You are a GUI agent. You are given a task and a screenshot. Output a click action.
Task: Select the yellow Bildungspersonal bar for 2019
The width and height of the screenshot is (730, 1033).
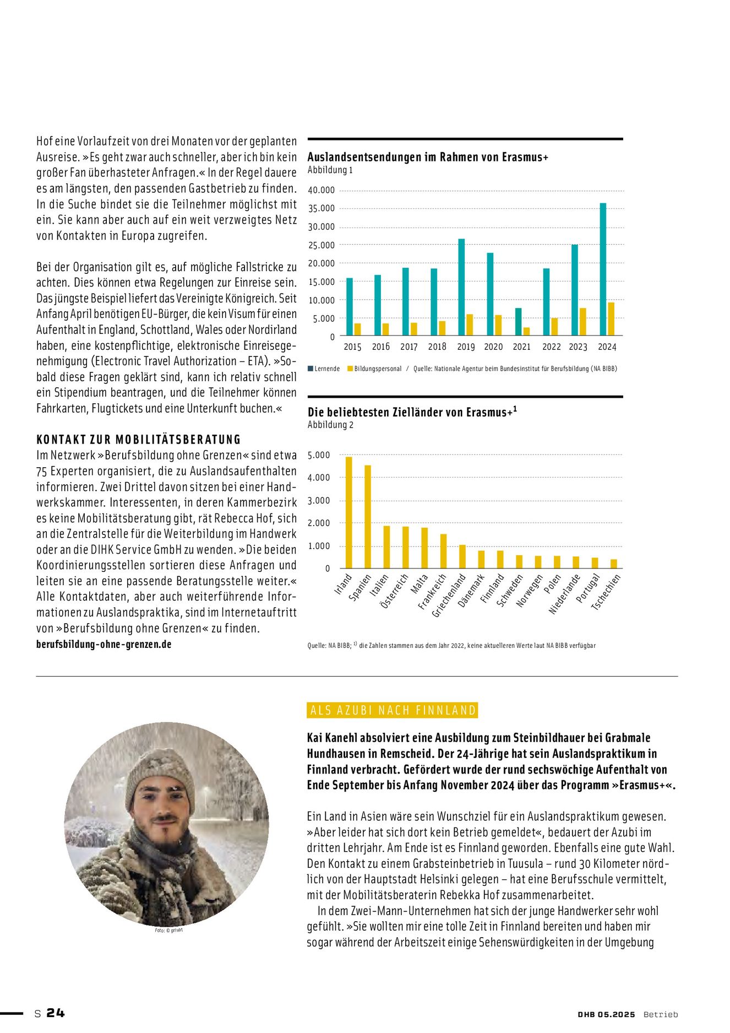coord(470,324)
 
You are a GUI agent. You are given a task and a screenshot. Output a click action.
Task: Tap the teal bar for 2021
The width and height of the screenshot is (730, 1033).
coord(518,322)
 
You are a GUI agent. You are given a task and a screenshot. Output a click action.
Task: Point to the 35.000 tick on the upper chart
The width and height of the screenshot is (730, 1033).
coord(322,208)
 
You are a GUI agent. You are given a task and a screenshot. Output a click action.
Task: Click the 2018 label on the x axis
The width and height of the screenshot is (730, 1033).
coord(437,347)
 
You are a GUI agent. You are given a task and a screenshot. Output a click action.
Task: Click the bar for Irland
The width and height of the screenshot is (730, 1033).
coord(348,512)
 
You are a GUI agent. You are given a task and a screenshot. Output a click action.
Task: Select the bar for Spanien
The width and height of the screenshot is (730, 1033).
coord(368,517)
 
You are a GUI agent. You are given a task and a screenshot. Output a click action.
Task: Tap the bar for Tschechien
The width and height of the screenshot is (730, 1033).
coord(614,564)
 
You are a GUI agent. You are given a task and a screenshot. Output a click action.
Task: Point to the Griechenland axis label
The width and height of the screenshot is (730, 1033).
coord(449,596)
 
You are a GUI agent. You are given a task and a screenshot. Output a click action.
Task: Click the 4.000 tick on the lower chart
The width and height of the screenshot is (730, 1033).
coord(319,478)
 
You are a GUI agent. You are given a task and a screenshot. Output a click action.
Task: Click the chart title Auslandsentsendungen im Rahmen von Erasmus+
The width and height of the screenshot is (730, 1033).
coord(428,157)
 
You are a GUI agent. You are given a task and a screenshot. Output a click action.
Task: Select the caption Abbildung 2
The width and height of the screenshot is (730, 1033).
coord(330,425)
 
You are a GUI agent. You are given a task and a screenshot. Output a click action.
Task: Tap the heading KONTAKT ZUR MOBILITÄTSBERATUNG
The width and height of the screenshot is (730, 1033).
coord(139,440)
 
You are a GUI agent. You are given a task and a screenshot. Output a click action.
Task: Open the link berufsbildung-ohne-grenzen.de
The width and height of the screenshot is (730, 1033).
coord(103,644)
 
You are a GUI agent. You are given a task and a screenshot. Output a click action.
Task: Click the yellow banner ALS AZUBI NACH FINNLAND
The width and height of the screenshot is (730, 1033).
coord(393,710)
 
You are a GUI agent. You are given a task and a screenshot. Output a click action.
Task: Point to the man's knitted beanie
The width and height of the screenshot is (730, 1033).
coord(159,774)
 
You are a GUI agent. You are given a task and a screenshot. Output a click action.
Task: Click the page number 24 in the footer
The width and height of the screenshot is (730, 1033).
coord(56,1013)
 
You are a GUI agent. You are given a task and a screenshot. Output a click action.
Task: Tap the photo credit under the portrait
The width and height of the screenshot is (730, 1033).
coord(168,931)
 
